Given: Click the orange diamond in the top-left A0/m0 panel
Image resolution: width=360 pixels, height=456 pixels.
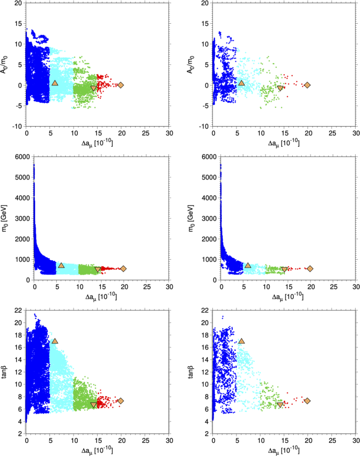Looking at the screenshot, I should pyautogui.click(x=120, y=85).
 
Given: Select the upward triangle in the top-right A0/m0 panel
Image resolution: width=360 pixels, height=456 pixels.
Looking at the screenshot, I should pyautogui.click(x=241, y=83).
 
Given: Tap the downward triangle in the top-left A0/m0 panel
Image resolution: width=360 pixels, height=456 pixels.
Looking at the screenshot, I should pyautogui.click(x=94, y=88).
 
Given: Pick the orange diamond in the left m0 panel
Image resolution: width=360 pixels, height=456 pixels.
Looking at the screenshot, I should pyautogui.click(x=124, y=268).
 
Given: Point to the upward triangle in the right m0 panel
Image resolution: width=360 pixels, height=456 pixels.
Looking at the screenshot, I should pyautogui.click(x=248, y=265).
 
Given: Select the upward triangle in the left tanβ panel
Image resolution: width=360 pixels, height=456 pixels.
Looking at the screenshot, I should pyautogui.click(x=55, y=341).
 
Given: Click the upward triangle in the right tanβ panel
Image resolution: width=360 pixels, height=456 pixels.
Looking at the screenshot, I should pyautogui.click(x=241, y=341).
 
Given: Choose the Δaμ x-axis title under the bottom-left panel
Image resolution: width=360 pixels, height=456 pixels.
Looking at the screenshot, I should pyautogui.click(x=98, y=450).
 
